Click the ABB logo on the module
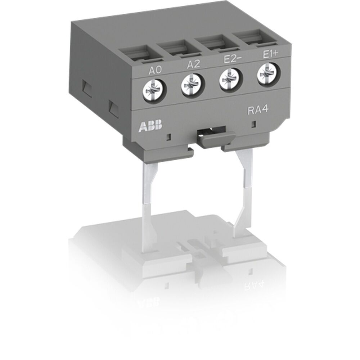point(150,126)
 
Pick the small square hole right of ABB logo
point(170,137)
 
